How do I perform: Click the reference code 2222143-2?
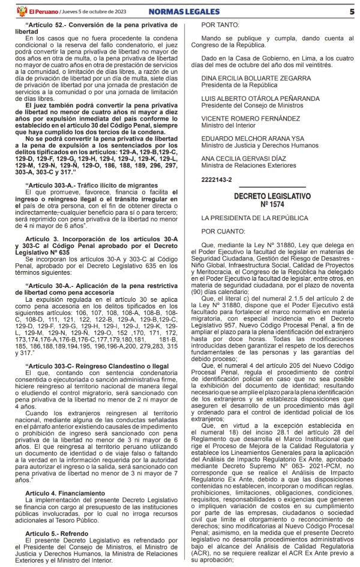click(x=217, y=179)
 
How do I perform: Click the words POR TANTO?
click(x=220, y=26)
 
